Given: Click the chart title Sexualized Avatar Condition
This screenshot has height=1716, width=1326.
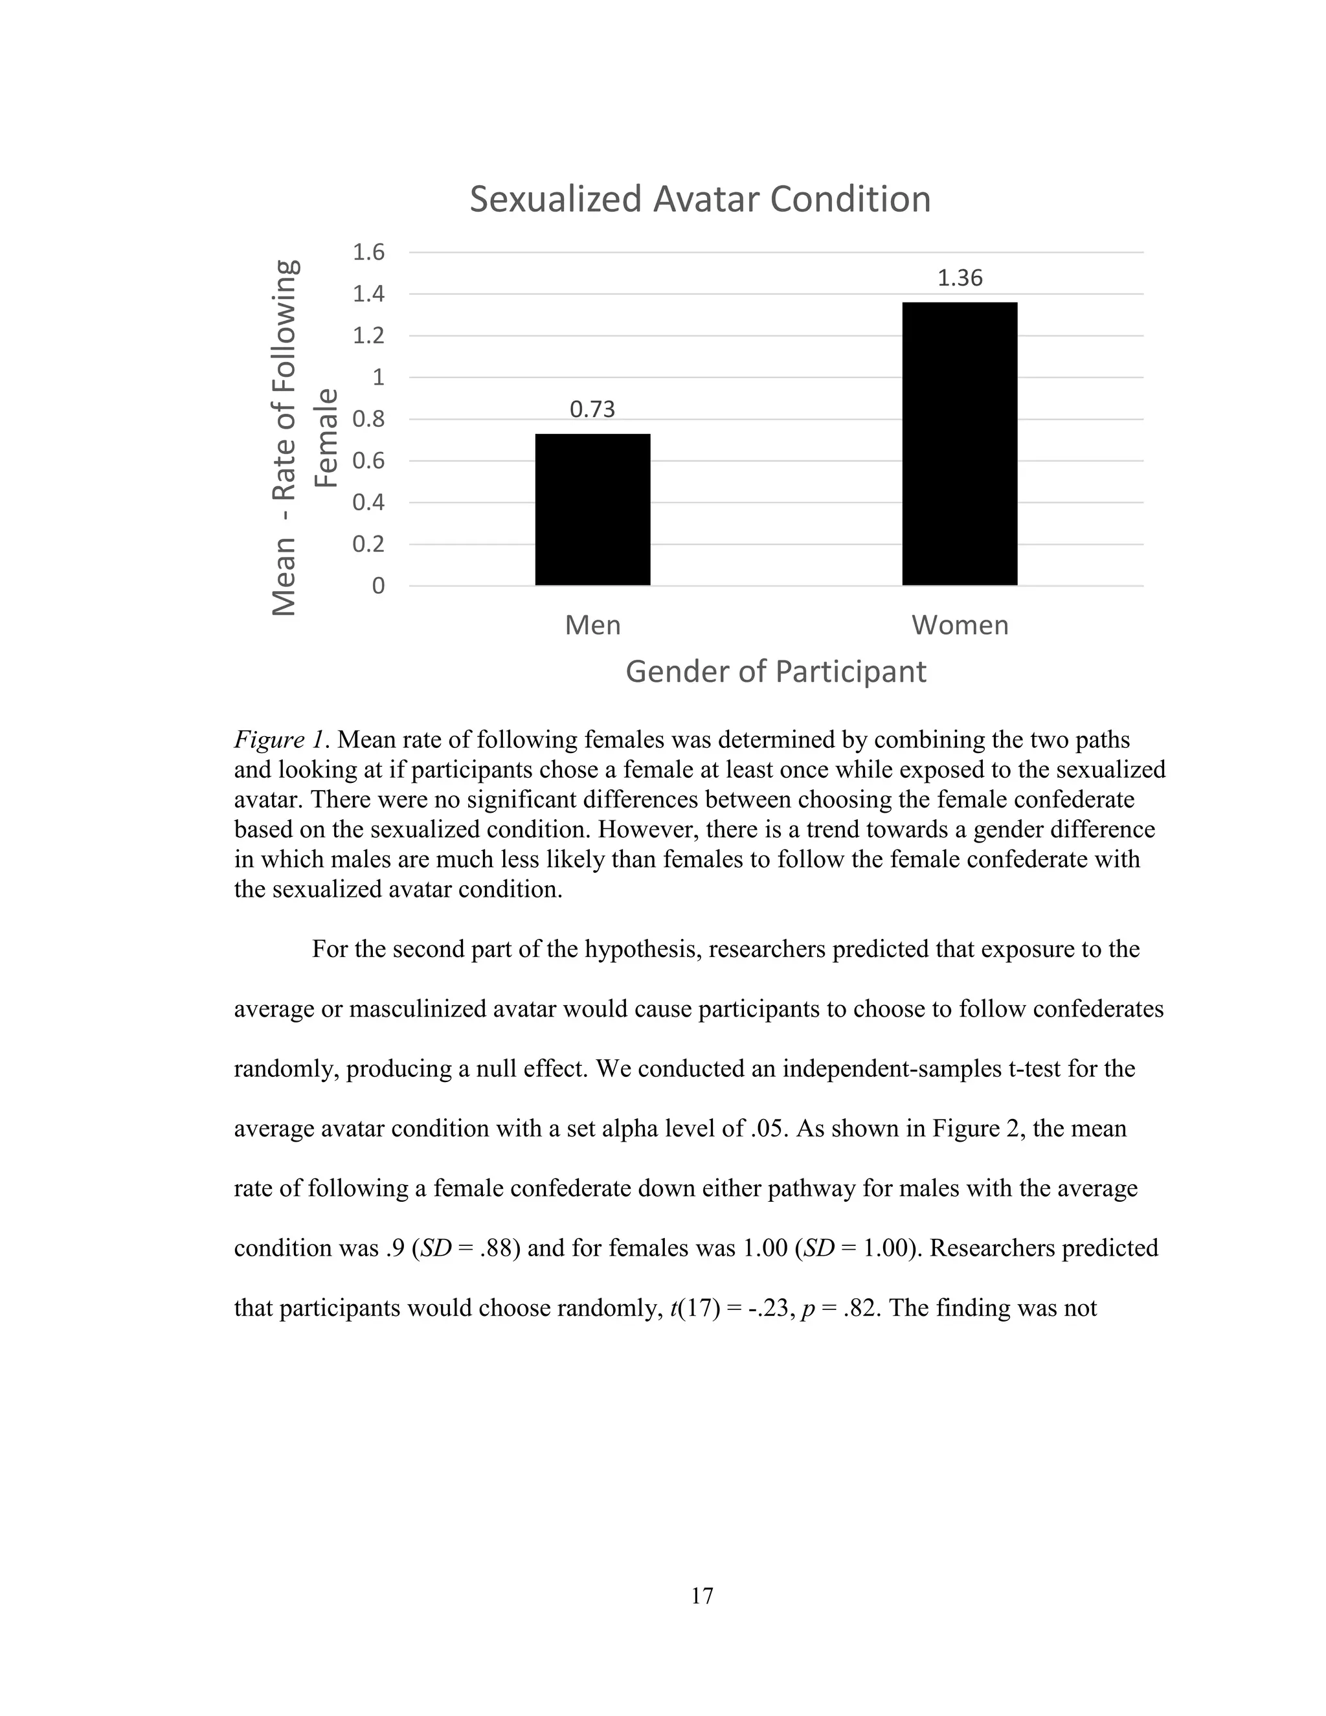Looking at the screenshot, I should [700, 199].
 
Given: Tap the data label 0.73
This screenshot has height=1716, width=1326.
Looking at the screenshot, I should [592, 409].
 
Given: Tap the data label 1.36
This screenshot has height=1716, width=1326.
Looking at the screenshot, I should [960, 278].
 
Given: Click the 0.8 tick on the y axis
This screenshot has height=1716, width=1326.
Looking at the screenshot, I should [368, 419].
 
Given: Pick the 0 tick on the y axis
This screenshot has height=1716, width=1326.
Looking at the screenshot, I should [378, 586].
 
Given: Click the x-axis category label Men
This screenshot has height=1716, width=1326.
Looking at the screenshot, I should [592, 626].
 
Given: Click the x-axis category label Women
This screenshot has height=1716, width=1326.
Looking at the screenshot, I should [960, 626].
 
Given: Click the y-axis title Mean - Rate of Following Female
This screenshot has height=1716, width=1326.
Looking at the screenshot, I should [302, 437].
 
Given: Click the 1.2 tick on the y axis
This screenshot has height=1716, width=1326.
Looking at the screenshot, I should [368, 335].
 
